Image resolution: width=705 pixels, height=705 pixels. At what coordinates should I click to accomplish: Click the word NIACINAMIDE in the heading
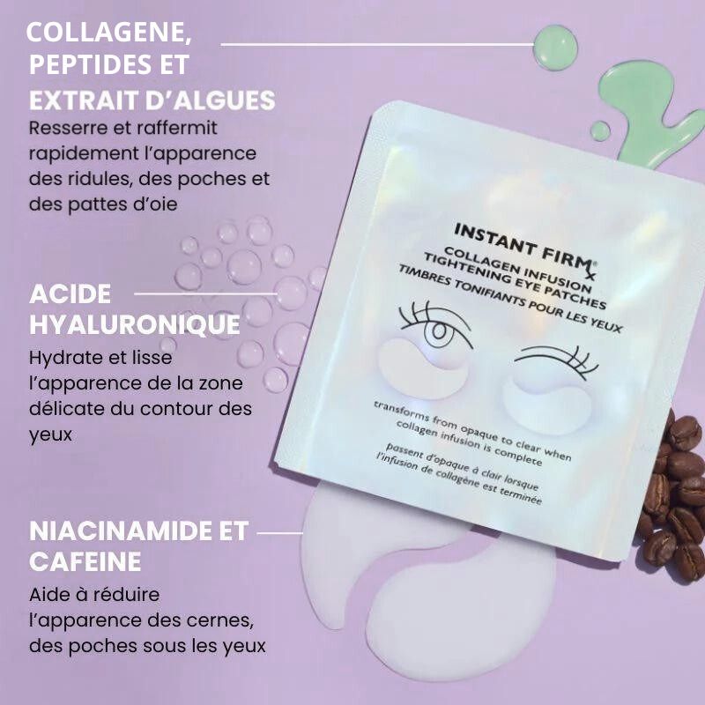[117, 531]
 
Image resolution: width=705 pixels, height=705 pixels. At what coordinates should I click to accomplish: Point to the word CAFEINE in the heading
[85, 561]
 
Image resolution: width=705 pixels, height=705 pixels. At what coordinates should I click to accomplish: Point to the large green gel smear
[652, 106]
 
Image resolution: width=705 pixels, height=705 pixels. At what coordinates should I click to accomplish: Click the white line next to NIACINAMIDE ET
[280, 532]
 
